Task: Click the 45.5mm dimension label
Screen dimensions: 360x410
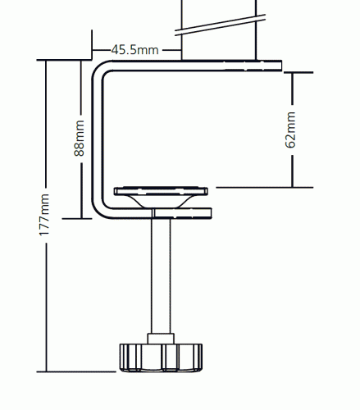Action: (x=135, y=50)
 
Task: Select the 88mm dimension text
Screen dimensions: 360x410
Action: (x=80, y=138)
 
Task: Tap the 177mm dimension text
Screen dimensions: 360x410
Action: (x=44, y=215)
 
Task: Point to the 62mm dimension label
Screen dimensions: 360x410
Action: (x=290, y=130)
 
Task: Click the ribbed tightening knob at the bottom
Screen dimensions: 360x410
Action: (x=161, y=358)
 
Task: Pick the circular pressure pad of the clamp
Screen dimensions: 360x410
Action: (x=161, y=191)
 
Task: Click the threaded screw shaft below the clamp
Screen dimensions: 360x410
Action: (x=161, y=276)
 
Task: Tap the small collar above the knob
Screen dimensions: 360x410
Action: (x=161, y=339)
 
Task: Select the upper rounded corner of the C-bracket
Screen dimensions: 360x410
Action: (x=100, y=69)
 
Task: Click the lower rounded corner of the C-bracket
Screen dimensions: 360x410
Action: (x=100, y=211)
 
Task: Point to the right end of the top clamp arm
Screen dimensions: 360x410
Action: (x=281, y=66)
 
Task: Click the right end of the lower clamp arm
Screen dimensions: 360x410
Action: (x=211, y=213)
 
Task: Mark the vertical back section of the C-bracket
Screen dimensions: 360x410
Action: (x=98, y=139)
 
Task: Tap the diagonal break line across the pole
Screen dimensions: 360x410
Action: (x=220, y=25)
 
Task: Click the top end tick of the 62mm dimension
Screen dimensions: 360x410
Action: (x=298, y=72)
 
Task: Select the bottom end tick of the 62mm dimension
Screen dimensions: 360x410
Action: (x=265, y=188)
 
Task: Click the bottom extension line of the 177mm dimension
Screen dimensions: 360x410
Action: (x=76, y=371)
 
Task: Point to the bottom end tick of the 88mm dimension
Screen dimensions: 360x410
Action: (x=77, y=218)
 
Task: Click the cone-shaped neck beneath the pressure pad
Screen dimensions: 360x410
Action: (x=161, y=202)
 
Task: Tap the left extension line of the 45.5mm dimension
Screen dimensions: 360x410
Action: (x=92, y=44)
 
